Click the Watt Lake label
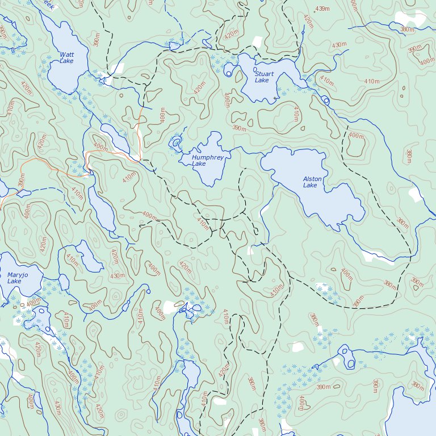click(66, 57)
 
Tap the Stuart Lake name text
click(263, 77)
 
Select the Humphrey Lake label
click(203, 160)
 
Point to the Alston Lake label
click(312, 182)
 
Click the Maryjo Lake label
click(14, 278)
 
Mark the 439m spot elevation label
click(322, 9)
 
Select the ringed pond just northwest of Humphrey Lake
click(177, 141)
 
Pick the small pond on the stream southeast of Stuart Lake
click(325, 100)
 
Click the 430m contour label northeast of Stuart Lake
click(339, 45)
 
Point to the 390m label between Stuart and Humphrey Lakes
click(239, 129)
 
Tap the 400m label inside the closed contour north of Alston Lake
click(356, 136)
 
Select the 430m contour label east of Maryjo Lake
click(117, 276)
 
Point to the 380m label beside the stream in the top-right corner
click(406, 30)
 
